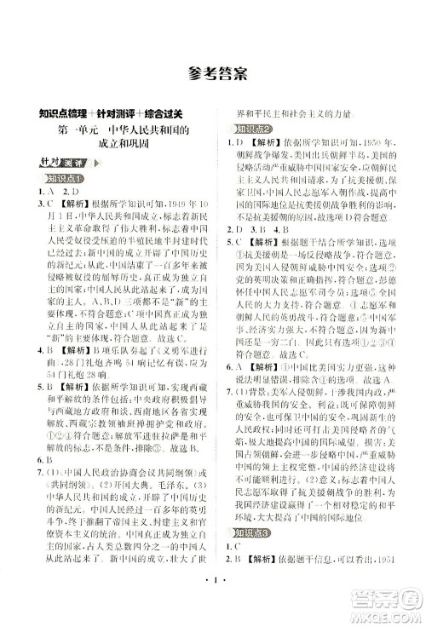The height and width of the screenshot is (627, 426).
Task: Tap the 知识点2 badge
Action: [241, 129]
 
